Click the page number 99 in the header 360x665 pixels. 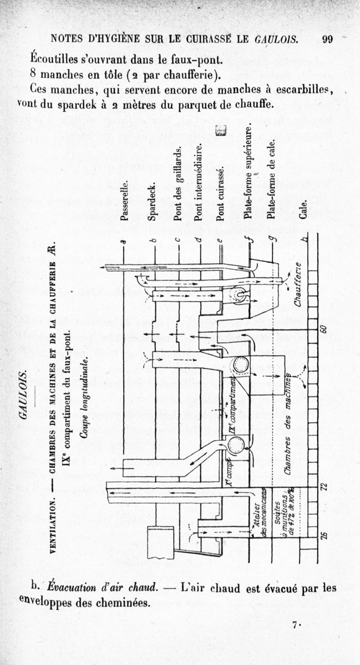327,39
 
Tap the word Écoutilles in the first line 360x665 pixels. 53,59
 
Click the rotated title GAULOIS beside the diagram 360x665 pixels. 25,394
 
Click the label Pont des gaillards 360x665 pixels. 178,184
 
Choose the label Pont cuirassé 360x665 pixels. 220,194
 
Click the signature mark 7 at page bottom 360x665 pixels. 295,625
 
